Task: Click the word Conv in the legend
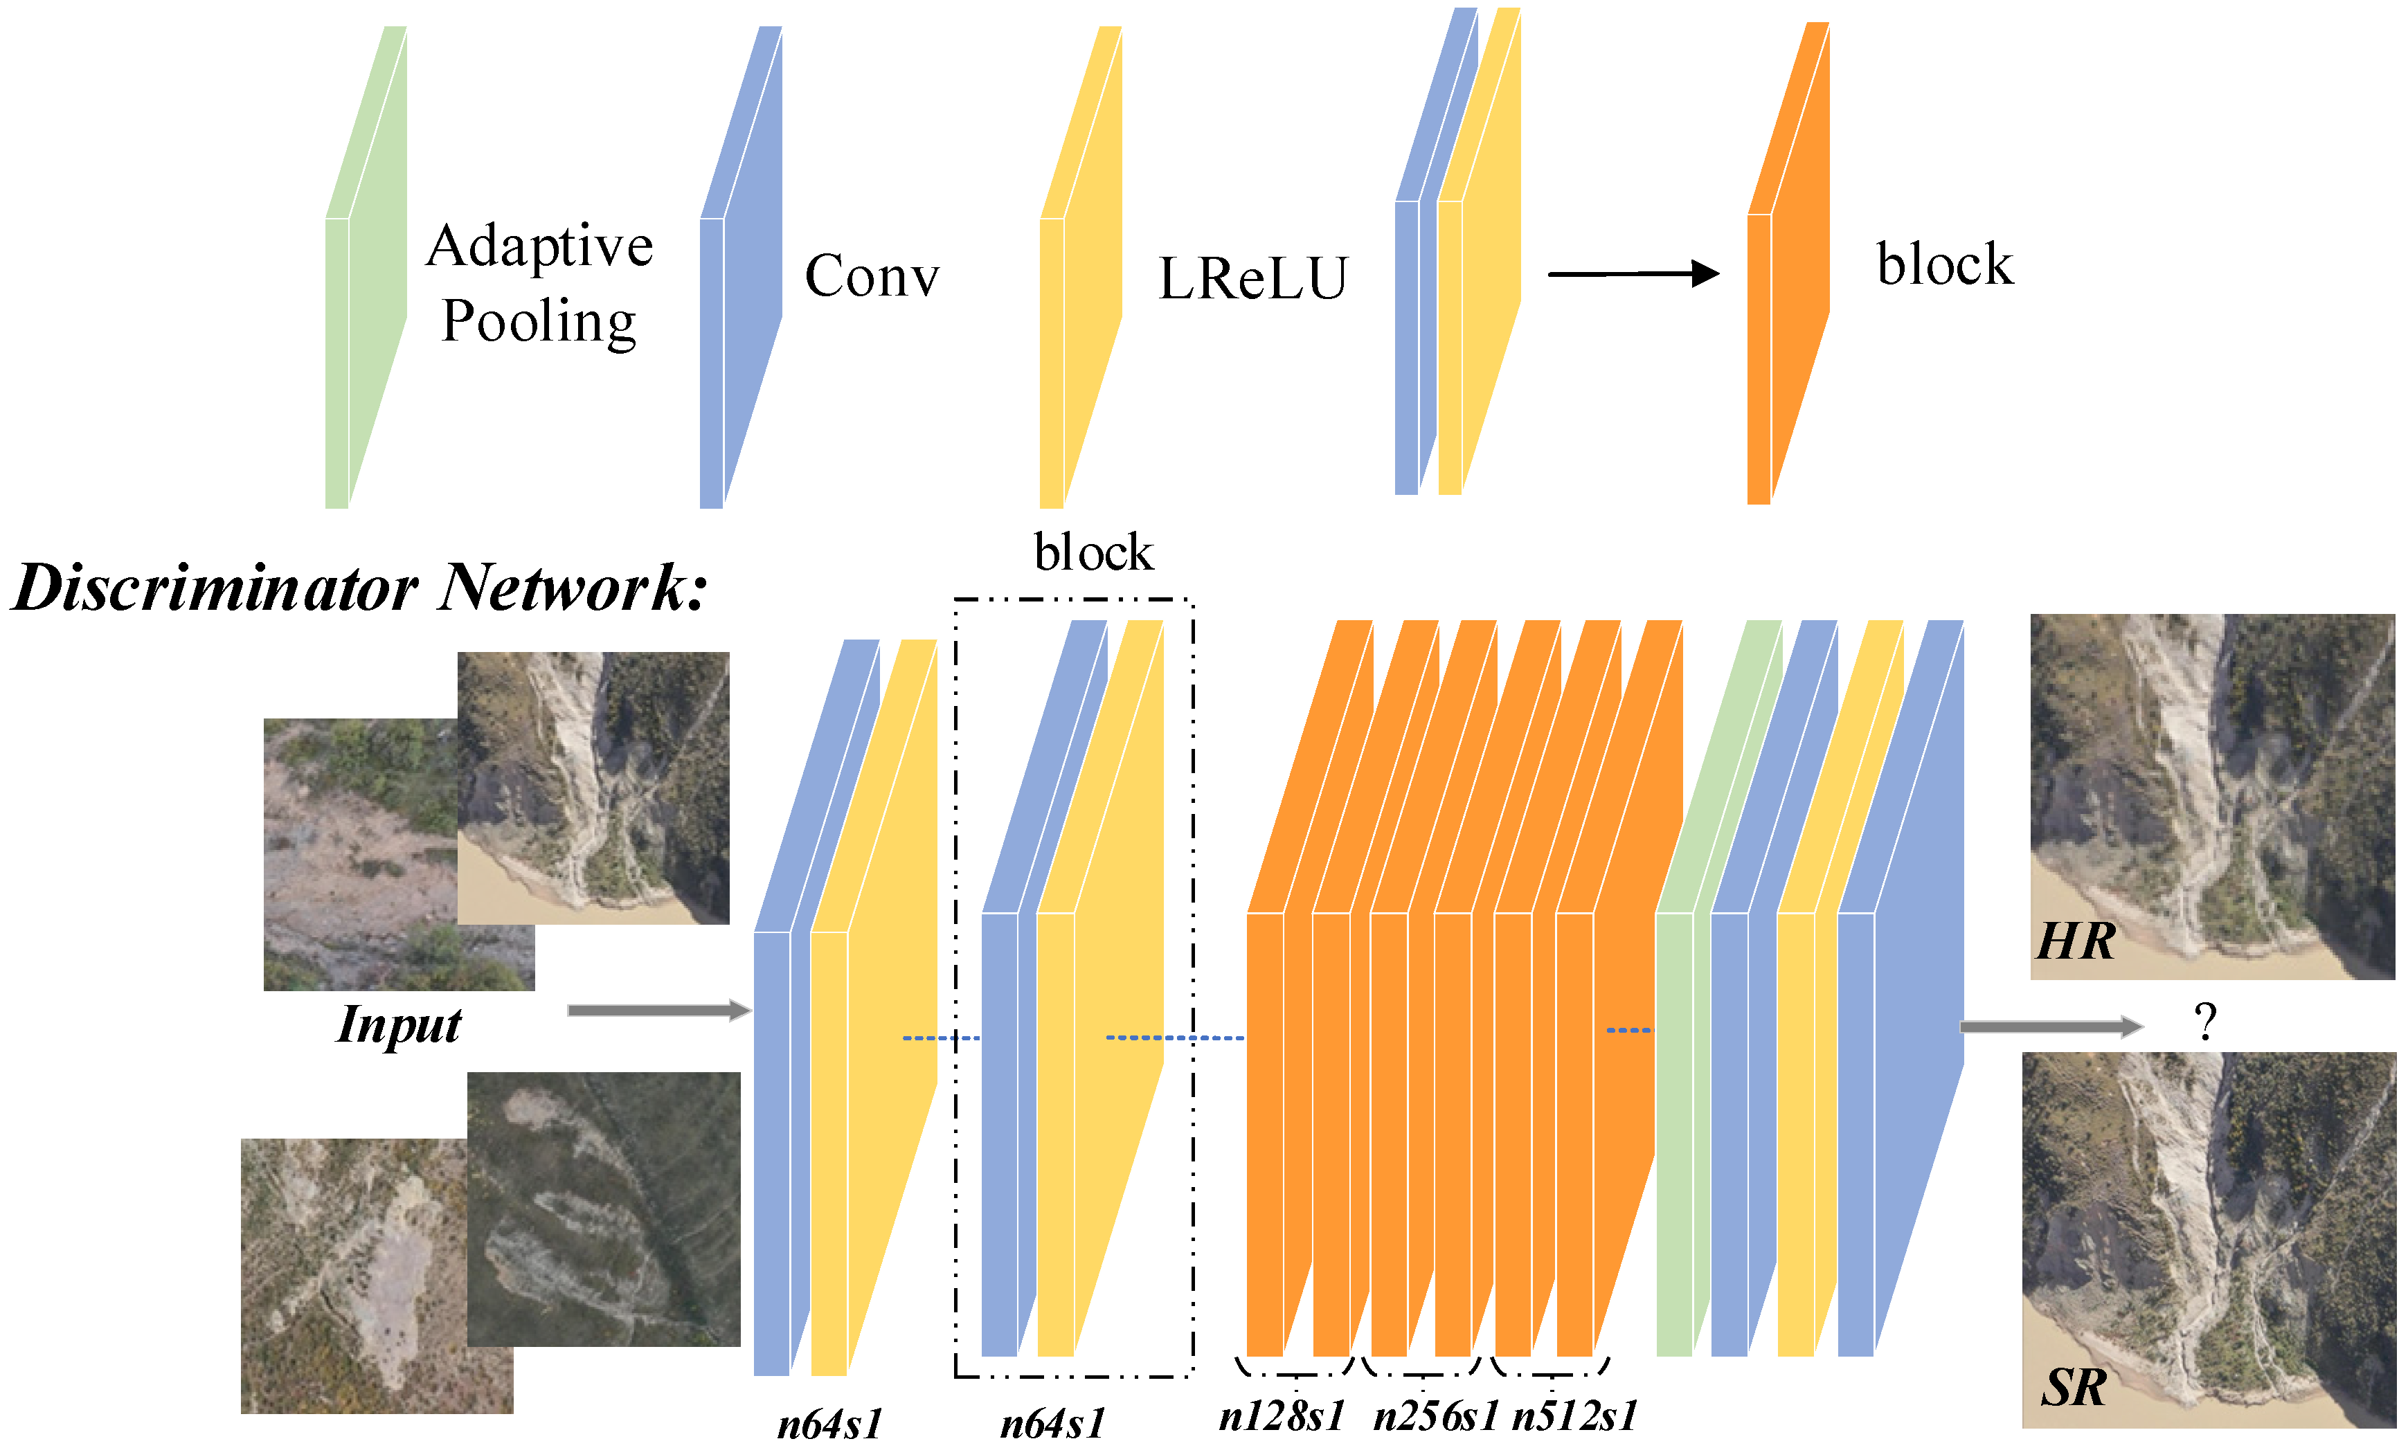871,276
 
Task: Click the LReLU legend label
1252,279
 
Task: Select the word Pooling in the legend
539,322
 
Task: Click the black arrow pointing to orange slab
1633,274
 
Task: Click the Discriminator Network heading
359,588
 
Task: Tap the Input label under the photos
399,1024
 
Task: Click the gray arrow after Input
658,1011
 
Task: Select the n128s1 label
1281,1415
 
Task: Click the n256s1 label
1435,1415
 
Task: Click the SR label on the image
2074,1386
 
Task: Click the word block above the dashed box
1093,553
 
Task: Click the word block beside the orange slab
1943,264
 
